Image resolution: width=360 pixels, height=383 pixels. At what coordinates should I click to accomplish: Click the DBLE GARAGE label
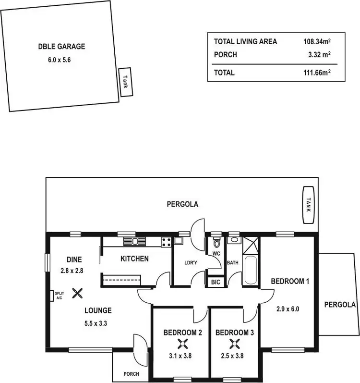pos(61,47)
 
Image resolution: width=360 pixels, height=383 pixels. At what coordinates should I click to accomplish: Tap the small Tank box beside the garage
pos(125,82)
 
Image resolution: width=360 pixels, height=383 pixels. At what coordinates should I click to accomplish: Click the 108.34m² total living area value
pos(317,42)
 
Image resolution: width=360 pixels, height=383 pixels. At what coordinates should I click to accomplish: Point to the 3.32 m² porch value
pos(320,55)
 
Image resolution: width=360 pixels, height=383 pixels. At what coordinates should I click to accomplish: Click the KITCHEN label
pos(134,259)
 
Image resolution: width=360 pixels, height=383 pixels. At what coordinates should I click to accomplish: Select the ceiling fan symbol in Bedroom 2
pos(182,343)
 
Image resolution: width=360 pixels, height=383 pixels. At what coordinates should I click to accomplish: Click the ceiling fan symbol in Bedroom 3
pos(235,343)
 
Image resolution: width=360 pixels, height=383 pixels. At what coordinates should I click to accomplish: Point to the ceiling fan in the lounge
pos(77,292)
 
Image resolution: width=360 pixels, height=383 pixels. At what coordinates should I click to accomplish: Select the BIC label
pos(215,282)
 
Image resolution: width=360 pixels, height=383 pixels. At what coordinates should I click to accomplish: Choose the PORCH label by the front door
pos(131,374)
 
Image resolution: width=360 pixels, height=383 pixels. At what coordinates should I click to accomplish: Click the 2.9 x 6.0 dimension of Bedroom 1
pos(288,309)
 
